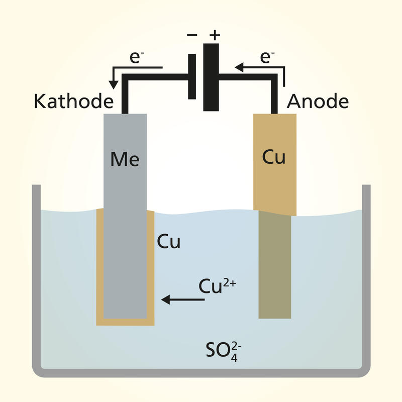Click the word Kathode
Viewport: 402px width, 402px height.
pyautogui.click(x=73, y=102)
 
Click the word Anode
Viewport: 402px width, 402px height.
pyautogui.click(x=318, y=102)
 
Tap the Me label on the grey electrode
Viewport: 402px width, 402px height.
pyautogui.click(x=125, y=160)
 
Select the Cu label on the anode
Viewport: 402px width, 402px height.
pyautogui.click(x=274, y=157)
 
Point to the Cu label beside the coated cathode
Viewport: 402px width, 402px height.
pyautogui.click(x=169, y=242)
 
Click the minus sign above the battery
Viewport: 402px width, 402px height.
pyautogui.click(x=191, y=36)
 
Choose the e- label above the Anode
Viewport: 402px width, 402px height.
pyautogui.click(x=266, y=57)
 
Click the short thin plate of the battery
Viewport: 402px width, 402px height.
pyautogui.click(x=192, y=76)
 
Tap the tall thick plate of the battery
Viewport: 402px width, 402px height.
pyautogui.click(x=212, y=76)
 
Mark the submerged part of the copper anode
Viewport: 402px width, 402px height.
pyautogui.click(x=275, y=266)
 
